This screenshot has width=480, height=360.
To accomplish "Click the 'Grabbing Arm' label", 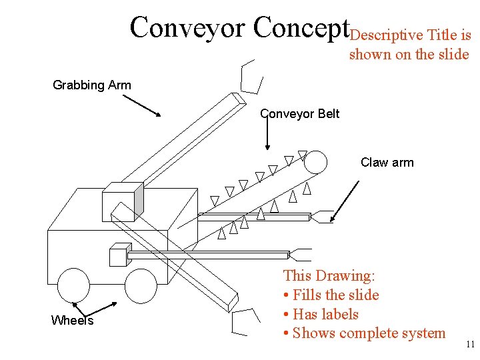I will tap(92, 85).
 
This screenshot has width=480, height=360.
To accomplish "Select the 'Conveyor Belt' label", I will tap(300, 114).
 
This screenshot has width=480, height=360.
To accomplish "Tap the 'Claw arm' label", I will tap(387, 163).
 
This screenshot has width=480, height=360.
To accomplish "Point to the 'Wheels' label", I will tap(72, 321).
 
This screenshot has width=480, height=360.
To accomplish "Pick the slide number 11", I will tap(470, 345).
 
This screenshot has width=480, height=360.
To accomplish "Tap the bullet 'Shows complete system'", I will tap(369, 333).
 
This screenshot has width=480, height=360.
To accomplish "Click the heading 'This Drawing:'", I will tap(329, 275).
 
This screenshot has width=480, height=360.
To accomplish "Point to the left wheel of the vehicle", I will tap(73, 286).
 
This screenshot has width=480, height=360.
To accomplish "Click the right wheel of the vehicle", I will tap(141, 286).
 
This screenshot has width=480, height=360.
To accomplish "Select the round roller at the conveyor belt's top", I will tap(316, 162).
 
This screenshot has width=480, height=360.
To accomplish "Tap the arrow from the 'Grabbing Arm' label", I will tap(141, 105).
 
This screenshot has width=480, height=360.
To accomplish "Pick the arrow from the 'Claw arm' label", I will tap(345, 197).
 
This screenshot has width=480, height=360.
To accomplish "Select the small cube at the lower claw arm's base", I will tap(118, 255).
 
